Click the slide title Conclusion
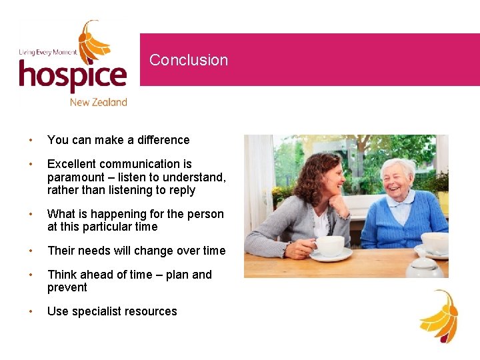pos(189,60)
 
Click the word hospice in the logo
pos(72,75)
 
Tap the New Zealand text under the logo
pos(98,102)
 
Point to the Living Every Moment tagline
pos(48,52)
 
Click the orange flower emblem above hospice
pos(94,42)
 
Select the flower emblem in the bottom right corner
pos(439,316)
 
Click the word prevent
pos(67,288)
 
